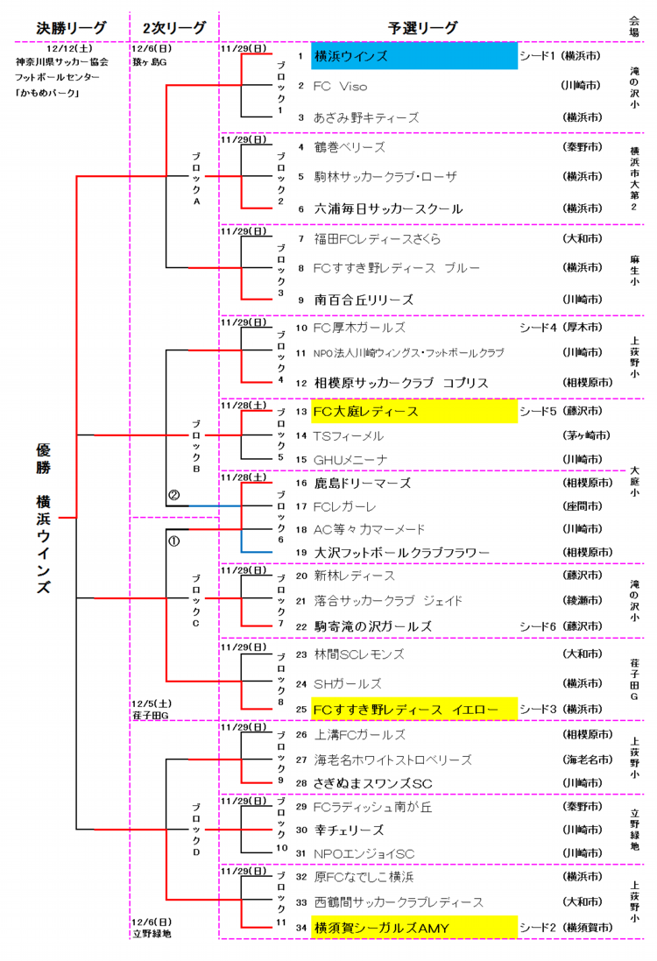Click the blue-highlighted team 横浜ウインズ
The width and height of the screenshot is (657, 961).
413,56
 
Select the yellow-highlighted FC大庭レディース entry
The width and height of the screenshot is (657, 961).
413,411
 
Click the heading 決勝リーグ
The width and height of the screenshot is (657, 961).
71,28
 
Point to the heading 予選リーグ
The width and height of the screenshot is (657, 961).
422,28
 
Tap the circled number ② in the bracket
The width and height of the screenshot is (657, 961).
173,495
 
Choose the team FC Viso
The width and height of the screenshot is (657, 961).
341,86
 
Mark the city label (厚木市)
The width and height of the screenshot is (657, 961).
582,328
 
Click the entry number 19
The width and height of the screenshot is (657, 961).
300,553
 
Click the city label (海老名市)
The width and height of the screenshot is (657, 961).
582,760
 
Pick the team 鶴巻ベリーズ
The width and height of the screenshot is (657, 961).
350,147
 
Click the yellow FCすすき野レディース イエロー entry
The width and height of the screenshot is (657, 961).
413,709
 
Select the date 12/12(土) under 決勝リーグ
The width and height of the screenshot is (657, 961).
71,49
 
